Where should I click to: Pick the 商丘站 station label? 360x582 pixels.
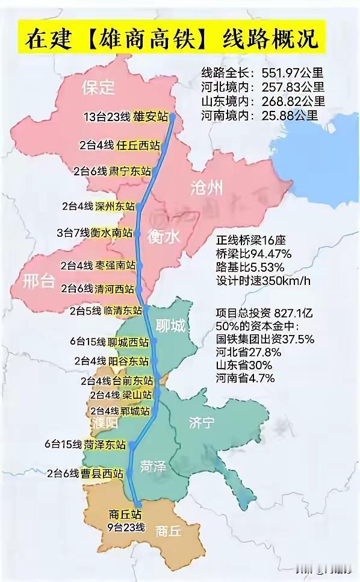pos(125,515)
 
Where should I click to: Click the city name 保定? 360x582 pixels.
pos(98,88)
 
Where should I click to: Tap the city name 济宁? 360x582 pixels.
pos(201,422)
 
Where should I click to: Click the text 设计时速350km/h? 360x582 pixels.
pos(265,281)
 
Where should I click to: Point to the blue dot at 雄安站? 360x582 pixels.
pos(172,117)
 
